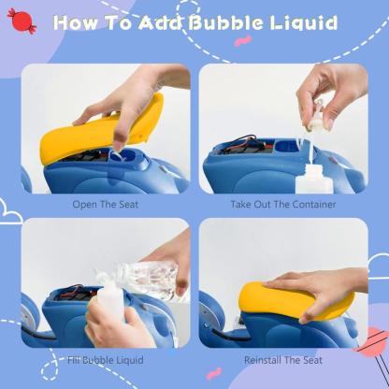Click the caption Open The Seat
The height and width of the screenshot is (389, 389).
pyautogui.click(x=105, y=203)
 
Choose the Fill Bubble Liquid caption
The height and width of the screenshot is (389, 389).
pyautogui.click(x=105, y=357)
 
